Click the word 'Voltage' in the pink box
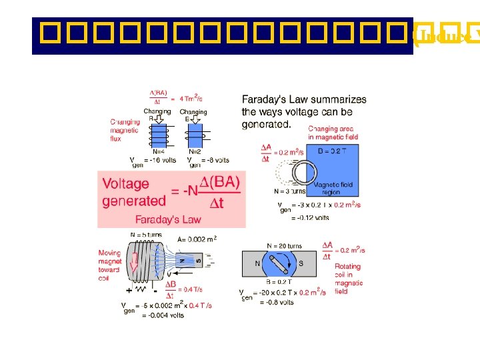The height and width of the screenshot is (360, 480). click(126, 183)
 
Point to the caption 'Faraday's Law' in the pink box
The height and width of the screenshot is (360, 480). click(167, 219)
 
